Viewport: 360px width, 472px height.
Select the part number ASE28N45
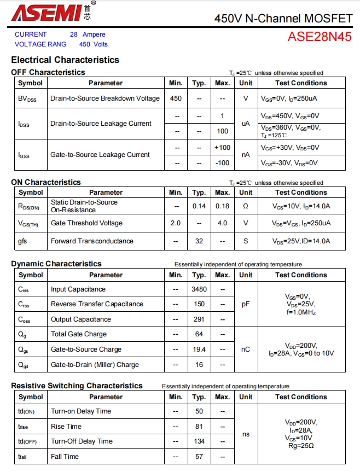[320, 37]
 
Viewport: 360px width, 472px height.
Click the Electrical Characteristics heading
[65, 60]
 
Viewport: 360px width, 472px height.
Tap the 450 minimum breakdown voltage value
[176, 98]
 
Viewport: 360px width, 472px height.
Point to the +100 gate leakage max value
[222, 148]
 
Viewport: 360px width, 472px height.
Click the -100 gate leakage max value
[222, 163]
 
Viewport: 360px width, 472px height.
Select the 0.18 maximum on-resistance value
[222, 206]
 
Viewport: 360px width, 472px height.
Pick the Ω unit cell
[246, 206]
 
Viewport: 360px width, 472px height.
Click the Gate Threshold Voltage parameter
[86, 223]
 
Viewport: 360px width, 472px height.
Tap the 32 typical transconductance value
[199, 241]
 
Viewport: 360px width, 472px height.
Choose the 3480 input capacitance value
[199, 289]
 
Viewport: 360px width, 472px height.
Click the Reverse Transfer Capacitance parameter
[97, 304]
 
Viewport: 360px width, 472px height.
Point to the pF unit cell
[246, 304]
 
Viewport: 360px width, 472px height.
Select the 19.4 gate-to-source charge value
[199, 349]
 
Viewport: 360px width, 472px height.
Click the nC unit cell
[246, 349]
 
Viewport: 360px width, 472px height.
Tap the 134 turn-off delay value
[199, 441]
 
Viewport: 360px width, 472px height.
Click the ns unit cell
[246, 434]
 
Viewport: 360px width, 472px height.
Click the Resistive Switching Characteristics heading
[77, 386]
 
